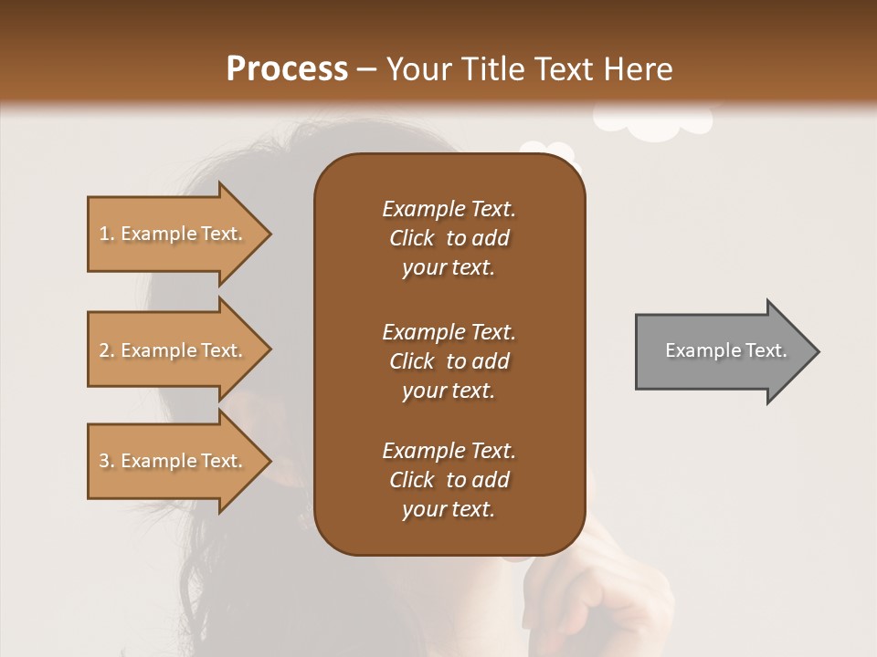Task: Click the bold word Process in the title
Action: pyautogui.click(x=287, y=69)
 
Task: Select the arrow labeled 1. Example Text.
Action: pyautogui.click(x=174, y=234)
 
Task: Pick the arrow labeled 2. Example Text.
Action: pyautogui.click(x=174, y=350)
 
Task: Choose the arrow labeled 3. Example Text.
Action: pyautogui.click(x=174, y=461)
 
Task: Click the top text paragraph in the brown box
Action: pyautogui.click(x=449, y=238)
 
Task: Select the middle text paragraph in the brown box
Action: pyautogui.click(x=449, y=361)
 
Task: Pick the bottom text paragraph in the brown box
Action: pyautogui.click(x=449, y=480)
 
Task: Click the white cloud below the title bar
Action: pyautogui.click(x=652, y=124)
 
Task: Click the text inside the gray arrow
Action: pyautogui.click(x=726, y=350)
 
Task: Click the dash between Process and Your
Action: pyautogui.click(x=367, y=69)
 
